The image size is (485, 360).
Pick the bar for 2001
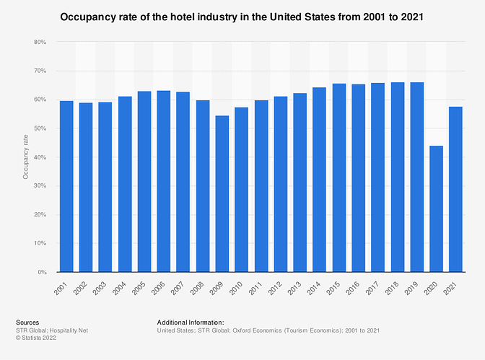pyautogui.click(x=66, y=187)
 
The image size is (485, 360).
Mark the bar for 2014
pyautogui.click(x=320, y=180)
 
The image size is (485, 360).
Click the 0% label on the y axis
pyautogui.click(x=42, y=273)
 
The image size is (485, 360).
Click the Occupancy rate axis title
pyautogui.click(x=25, y=157)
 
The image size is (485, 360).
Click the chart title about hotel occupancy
pyautogui.click(x=242, y=16)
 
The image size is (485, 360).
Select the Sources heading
pyautogui.click(x=27, y=322)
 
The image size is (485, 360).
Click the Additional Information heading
pyautogui.click(x=191, y=322)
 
